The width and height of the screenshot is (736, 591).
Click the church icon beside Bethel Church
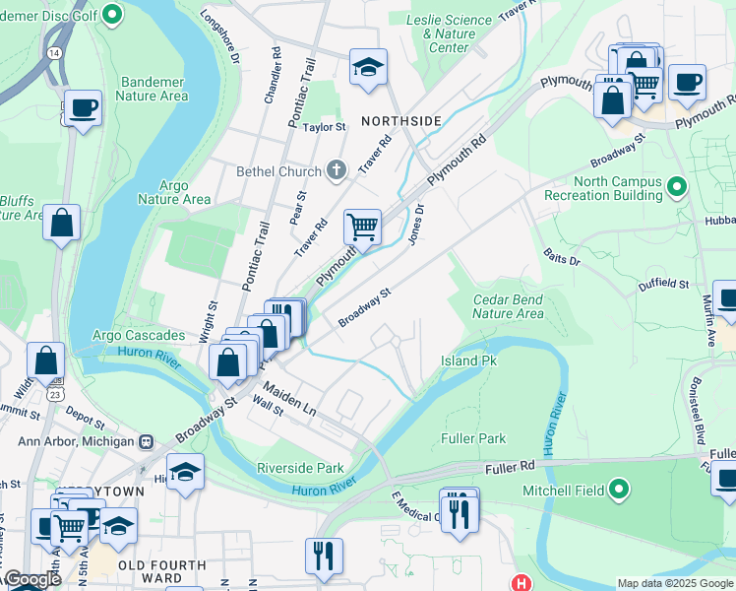tap(337, 170)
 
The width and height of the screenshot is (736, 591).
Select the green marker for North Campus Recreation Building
tap(676, 186)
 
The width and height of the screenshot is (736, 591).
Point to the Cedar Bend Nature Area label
tap(508, 306)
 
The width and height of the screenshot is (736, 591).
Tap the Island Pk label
tap(468, 361)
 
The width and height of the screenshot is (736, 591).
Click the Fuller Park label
tap(473, 438)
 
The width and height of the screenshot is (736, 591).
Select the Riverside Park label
tap(300, 468)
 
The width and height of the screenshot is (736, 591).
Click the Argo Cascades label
tap(139, 336)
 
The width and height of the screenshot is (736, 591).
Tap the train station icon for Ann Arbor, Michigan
tap(147, 441)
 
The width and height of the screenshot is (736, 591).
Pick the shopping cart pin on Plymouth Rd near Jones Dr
tap(362, 227)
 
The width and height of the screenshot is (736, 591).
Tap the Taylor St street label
tap(325, 127)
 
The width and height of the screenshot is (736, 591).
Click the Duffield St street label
tap(664, 284)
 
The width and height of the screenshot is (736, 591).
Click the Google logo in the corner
tap(31, 579)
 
